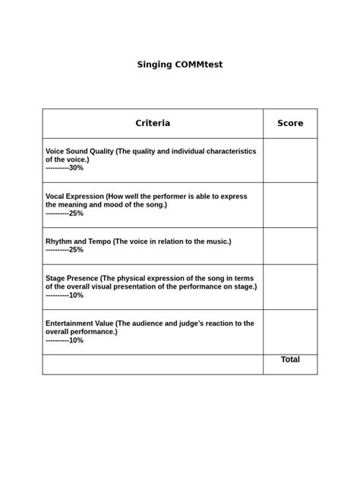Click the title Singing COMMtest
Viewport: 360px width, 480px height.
point(180,65)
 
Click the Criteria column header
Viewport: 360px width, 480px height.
point(153,123)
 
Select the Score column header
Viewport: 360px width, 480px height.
point(290,123)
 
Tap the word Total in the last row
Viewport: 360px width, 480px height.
point(290,360)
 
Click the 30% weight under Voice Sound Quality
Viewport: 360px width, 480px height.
point(76,168)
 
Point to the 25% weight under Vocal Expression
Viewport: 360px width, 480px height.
point(76,213)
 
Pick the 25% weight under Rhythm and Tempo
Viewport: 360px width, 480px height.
point(76,250)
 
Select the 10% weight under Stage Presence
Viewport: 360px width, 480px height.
point(76,295)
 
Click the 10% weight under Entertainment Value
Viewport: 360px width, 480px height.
point(76,340)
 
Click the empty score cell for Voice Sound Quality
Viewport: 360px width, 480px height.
point(290,160)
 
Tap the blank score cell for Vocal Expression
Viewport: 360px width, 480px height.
point(290,205)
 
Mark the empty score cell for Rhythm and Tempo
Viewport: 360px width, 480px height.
point(290,246)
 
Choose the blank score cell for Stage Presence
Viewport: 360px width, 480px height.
point(290,287)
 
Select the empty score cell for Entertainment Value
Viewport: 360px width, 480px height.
point(290,332)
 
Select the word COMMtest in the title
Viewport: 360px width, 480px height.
point(199,65)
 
